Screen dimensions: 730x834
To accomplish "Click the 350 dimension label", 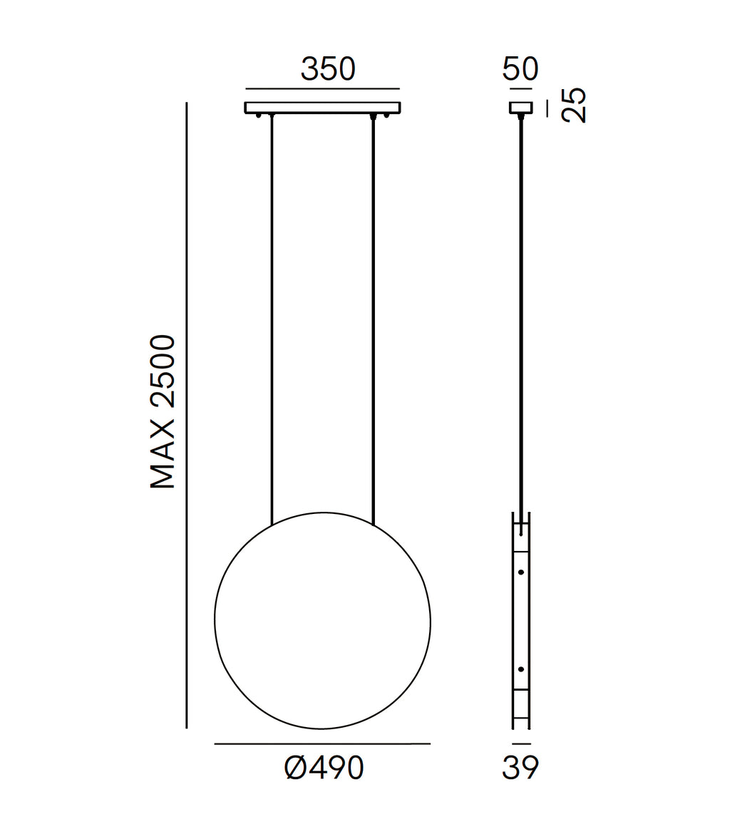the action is [x=328, y=69].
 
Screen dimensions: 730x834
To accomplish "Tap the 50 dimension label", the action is [x=520, y=68].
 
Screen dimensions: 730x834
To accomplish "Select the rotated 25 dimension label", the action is [x=574, y=105].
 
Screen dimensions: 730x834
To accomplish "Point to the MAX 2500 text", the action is [x=163, y=411].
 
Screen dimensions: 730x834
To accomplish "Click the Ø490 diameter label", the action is [x=324, y=768].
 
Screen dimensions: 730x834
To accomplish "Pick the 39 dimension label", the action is [x=520, y=768].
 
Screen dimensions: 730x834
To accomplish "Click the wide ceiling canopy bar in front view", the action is [x=322, y=108].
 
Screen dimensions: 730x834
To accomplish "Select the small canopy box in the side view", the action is [x=521, y=108].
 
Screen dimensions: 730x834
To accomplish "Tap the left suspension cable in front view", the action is [x=272, y=320].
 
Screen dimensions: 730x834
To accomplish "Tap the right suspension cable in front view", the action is [x=374, y=320].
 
